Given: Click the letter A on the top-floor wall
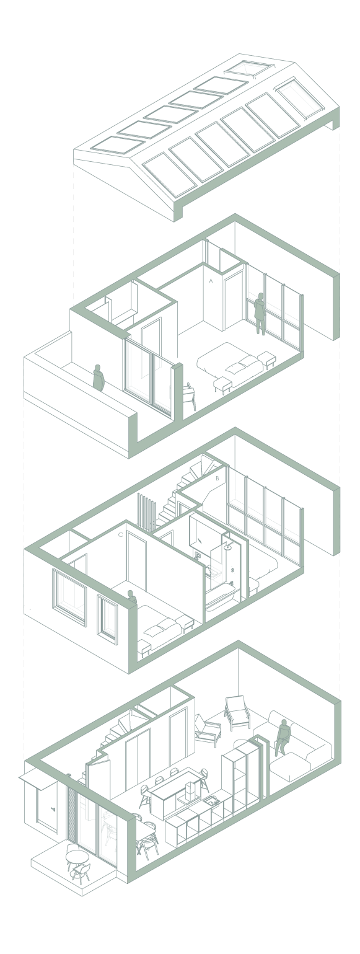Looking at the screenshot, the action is pyautogui.click(x=211, y=281).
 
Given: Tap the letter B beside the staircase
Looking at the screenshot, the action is pyautogui.click(x=217, y=479).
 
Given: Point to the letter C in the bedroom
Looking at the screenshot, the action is pyautogui.click(x=120, y=535).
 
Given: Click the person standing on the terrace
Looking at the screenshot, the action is pyautogui.click(x=99, y=378).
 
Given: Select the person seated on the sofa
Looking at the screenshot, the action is pyautogui.click(x=282, y=737).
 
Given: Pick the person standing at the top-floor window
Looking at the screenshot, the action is pyautogui.click(x=259, y=313).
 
